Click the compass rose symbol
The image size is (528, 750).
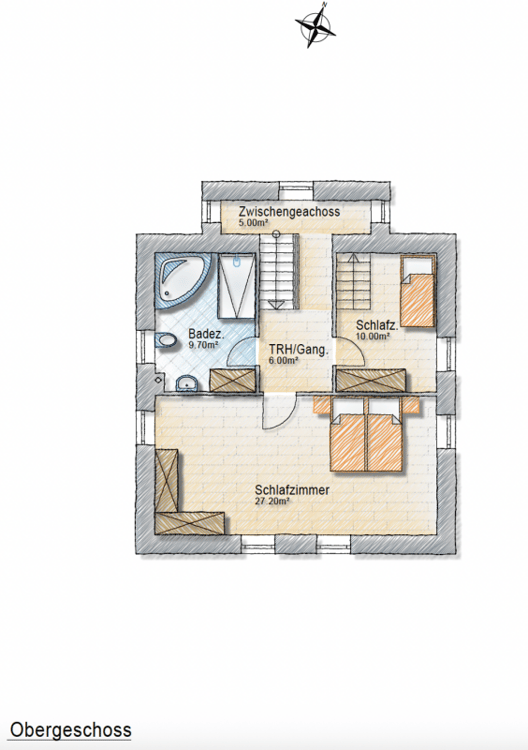click(x=315, y=25)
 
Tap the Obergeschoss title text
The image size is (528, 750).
click(x=71, y=730)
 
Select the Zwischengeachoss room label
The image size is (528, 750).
click(x=290, y=211)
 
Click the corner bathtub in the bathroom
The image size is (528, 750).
click(x=183, y=281)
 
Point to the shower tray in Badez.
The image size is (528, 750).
click(x=236, y=286)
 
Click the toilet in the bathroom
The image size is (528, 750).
click(x=165, y=340)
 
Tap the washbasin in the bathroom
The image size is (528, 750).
click(x=187, y=383)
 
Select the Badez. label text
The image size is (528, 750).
click(x=206, y=333)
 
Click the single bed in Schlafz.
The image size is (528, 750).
click(x=418, y=291)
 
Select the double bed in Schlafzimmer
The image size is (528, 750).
click(x=367, y=434)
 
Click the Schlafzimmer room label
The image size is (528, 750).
click(x=292, y=490)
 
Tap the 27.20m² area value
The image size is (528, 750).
click(x=272, y=501)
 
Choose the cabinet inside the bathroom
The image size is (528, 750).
click(x=233, y=381)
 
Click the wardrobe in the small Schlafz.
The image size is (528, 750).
click(x=371, y=381)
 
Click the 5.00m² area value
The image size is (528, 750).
click(x=253, y=222)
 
